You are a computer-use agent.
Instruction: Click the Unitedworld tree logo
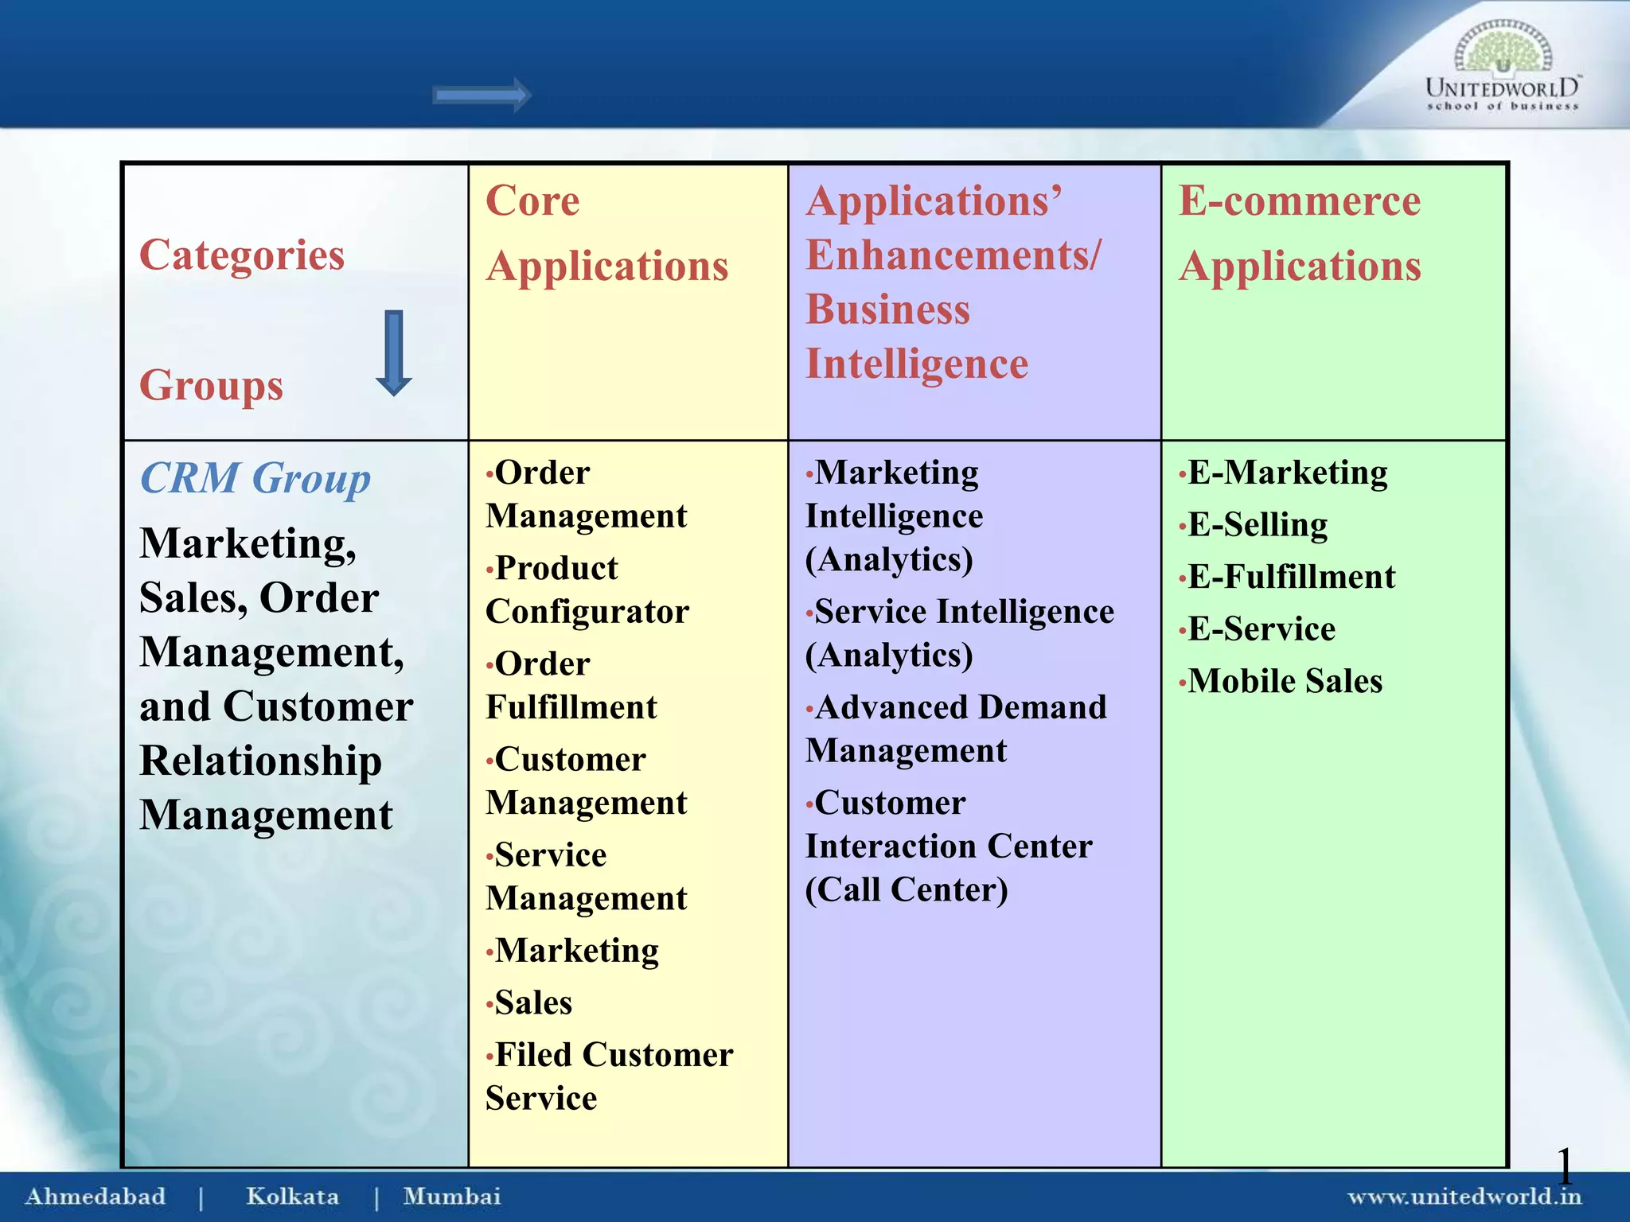coord(1503,49)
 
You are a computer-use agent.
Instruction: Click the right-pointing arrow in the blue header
coord(482,95)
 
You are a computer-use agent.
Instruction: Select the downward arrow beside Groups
coord(393,353)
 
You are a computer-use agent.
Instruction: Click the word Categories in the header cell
coord(242,255)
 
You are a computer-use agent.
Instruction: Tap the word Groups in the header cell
coord(211,386)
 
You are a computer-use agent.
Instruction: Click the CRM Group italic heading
coord(255,479)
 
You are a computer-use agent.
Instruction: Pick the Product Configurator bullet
coord(587,590)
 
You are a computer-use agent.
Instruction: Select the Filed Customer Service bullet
coord(609,1076)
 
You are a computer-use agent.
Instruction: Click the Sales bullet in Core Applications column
coord(532,1002)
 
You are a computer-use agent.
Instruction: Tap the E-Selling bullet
coord(1257,525)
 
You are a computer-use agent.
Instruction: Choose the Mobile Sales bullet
coord(1285,681)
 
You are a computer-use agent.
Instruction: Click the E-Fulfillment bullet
coord(1291,577)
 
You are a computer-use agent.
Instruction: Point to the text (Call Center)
coord(907,889)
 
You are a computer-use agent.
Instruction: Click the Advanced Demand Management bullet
coord(955,729)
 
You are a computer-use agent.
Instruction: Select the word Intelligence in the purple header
coord(917,364)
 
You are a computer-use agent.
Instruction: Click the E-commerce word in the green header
coord(1300,200)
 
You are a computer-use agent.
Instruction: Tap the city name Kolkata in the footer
coord(292,1196)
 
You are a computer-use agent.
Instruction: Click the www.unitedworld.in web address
coord(1463,1196)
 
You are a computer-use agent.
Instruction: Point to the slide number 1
coord(1564,1166)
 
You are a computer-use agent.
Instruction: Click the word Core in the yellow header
coord(532,200)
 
